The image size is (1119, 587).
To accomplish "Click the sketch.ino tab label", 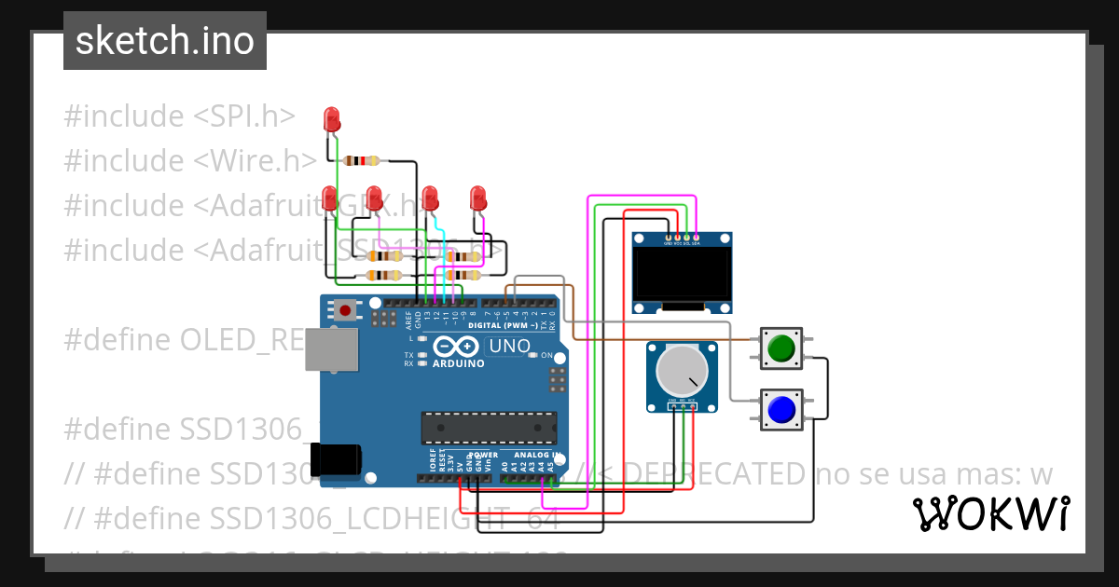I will (x=165, y=41).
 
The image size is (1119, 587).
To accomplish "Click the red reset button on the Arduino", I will (x=346, y=309).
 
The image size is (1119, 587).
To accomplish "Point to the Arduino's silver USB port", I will (x=331, y=349).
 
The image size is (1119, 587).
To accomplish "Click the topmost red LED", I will (x=331, y=118).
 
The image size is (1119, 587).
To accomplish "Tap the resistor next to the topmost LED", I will (x=361, y=160).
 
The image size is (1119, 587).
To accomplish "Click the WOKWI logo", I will (x=990, y=513).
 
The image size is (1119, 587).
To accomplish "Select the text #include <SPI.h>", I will (x=179, y=116).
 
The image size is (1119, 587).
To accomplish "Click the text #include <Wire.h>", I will (x=190, y=161).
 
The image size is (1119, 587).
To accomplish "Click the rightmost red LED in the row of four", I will (x=478, y=198).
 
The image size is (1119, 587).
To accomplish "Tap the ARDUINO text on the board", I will (x=458, y=363).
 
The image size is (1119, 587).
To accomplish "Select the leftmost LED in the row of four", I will (x=329, y=198).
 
